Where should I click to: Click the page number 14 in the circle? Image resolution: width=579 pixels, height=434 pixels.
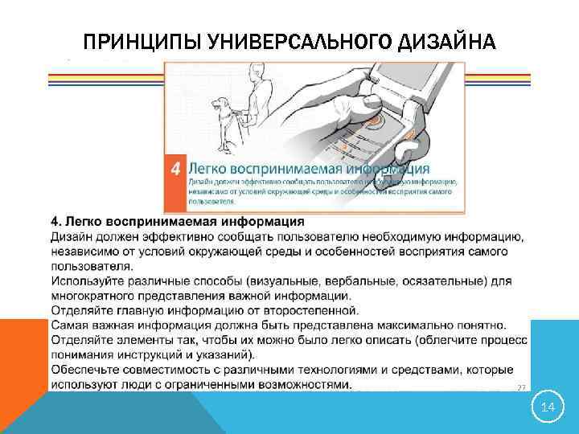pos(548,408)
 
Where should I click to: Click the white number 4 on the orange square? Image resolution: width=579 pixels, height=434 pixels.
pos(175,169)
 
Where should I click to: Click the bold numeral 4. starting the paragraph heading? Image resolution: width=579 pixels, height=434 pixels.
pos(56,221)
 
